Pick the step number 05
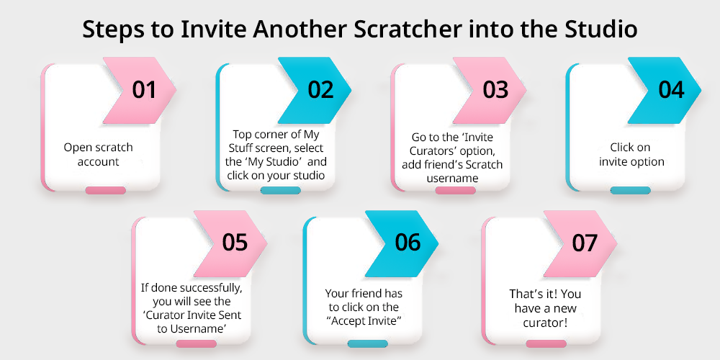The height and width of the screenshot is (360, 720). [x=235, y=243]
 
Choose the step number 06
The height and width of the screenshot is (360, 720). [x=408, y=243]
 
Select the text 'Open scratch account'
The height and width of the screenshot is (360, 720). [x=98, y=155]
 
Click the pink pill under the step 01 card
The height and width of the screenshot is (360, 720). [x=105, y=191]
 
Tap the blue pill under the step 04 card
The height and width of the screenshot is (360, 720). [x=631, y=191]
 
